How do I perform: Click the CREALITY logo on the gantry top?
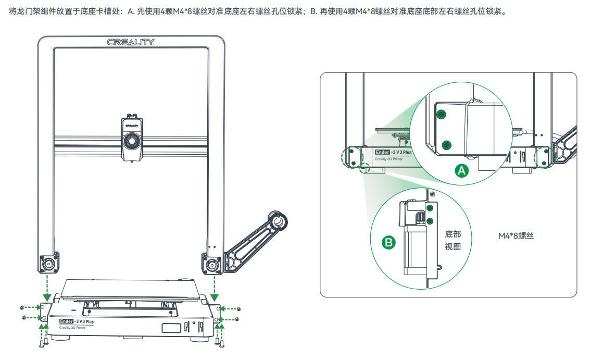point(131,42)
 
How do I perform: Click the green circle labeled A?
point(462,170)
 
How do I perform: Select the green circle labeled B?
point(388,242)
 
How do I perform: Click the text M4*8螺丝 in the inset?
point(516,235)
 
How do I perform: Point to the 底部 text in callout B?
point(453,234)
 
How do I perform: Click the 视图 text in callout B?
point(453,246)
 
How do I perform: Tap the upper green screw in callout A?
point(442,114)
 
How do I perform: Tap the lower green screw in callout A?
point(447,145)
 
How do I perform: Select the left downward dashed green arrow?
point(47,288)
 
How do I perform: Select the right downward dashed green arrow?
point(215,289)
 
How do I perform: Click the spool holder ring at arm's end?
point(278,221)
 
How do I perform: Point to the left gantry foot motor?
point(49,263)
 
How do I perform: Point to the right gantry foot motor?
point(211,264)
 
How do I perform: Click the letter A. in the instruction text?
point(131,11)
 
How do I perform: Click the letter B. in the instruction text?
point(313,11)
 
